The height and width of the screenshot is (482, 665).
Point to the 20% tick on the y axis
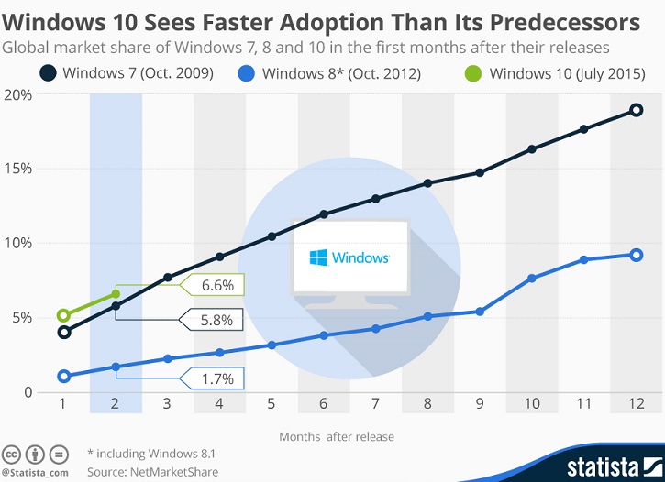(18, 94)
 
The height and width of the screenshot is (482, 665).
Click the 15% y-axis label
(18, 169)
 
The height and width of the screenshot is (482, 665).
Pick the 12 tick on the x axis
(636, 403)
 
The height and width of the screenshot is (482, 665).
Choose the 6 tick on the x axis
(324, 403)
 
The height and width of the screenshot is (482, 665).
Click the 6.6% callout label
(217, 285)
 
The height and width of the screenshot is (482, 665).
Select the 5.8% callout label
(217, 319)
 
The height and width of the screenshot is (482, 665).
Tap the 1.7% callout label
(217, 378)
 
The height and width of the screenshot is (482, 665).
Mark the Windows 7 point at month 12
(636, 111)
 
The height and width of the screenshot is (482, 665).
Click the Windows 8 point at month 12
(636, 255)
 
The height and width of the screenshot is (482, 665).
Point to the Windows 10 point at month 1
(63, 315)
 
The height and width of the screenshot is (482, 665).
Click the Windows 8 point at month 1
(63, 376)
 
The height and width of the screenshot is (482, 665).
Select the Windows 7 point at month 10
(532, 148)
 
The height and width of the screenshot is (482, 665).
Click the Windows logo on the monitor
(316, 257)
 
